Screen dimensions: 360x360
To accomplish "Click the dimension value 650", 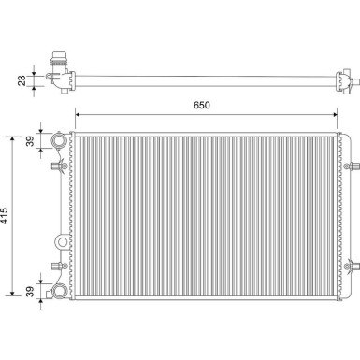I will coord(201,105).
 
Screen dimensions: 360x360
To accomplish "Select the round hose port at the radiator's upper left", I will coord(60,143).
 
